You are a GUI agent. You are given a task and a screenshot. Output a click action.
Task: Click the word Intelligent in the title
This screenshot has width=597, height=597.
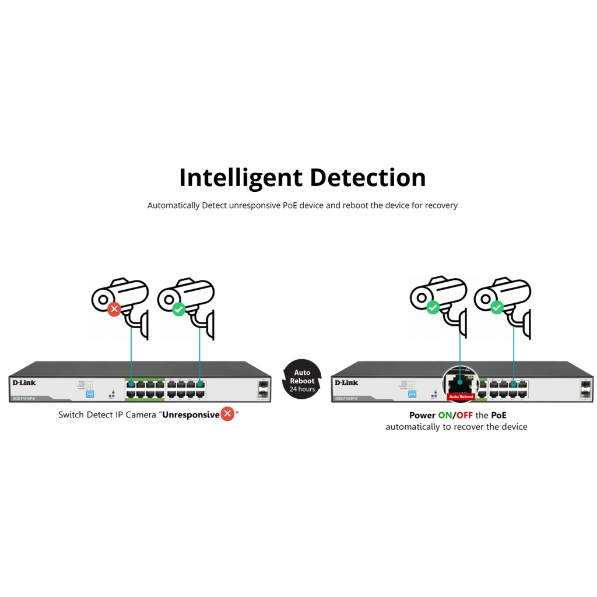click(241, 178)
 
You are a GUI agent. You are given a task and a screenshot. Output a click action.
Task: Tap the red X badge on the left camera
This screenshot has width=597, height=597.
click(114, 309)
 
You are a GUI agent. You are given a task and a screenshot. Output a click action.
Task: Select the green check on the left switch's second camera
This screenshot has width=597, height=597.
click(179, 309)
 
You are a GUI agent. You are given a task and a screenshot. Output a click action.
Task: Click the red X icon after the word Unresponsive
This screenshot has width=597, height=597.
click(227, 415)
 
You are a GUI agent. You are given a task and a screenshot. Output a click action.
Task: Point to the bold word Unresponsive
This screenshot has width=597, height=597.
click(191, 415)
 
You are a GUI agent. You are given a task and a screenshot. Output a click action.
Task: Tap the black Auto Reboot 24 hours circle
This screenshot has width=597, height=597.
click(302, 380)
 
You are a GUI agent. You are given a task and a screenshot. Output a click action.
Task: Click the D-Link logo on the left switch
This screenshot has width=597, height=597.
click(24, 382)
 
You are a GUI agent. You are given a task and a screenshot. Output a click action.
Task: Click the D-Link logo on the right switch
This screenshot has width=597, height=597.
click(346, 382)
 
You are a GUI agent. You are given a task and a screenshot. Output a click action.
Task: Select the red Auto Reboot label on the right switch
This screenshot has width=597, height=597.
click(461, 396)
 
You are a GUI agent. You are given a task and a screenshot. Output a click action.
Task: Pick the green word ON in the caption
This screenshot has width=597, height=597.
click(445, 415)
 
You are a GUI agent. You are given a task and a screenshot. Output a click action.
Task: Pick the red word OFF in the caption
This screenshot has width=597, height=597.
click(464, 415)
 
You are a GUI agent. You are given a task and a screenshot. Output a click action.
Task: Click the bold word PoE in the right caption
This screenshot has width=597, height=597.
click(498, 415)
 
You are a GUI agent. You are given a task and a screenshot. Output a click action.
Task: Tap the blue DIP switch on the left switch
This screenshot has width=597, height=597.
click(90, 394)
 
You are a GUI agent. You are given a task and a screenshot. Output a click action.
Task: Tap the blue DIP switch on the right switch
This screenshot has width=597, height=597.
click(412, 394)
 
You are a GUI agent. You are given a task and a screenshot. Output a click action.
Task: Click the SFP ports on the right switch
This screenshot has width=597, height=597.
click(585, 390)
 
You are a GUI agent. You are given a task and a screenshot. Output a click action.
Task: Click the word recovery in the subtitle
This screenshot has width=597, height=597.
click(441, 205)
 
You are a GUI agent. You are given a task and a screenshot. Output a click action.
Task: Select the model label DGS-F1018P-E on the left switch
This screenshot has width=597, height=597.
click(24, 398)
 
